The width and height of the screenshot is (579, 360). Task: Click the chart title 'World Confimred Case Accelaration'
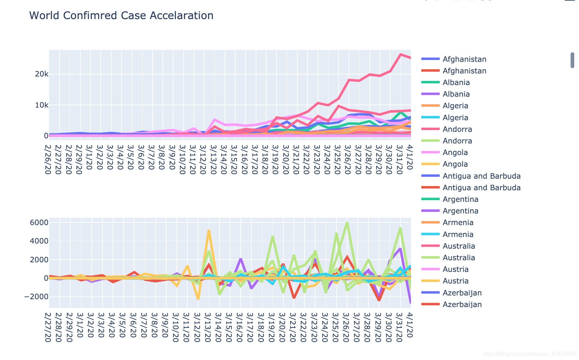[121, 16]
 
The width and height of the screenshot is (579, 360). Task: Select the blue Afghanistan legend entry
[464, 59]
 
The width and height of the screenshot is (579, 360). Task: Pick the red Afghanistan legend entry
[464, 71]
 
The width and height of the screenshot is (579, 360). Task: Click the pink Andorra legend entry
[457, 129]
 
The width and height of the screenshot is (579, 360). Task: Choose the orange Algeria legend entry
[455, 106]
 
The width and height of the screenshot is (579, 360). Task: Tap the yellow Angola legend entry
[455, 164]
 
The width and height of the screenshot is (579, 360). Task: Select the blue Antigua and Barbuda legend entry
[481, 176]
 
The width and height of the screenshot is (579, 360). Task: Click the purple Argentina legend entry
[460, 211]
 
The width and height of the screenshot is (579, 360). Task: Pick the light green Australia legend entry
[458, 258]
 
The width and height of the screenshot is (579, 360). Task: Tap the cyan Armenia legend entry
[458, 234]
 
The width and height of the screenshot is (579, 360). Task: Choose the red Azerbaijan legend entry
[462, 304]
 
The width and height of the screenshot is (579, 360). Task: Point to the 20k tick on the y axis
[42, 74]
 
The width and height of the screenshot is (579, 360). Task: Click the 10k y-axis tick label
[42, 105]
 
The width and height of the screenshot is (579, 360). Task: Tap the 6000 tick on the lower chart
[39, 223]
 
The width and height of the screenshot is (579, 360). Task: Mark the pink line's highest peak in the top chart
[400, 55]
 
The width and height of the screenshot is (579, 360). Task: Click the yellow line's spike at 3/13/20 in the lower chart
[209, 231]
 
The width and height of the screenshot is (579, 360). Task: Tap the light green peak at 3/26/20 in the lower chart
[347, 223]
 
